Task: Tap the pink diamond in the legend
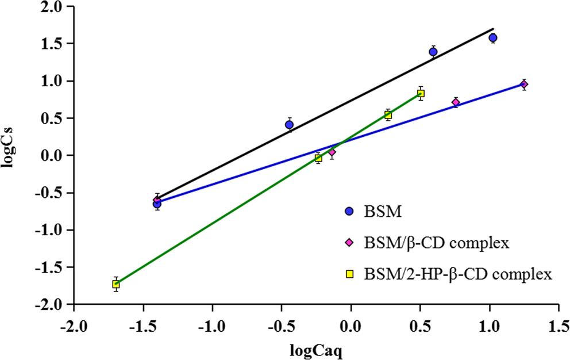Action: [349, 243]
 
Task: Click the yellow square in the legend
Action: [349, 274]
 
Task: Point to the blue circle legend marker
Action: [349, 212]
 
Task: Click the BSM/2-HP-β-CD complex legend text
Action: [457, 274]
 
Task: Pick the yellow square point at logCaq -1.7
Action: [116, 284]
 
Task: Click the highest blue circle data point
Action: [492, 38]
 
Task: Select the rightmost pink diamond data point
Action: [523, 85]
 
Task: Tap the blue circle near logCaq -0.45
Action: [289, 125]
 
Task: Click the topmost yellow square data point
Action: [421, 94]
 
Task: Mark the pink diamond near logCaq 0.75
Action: [456, 102]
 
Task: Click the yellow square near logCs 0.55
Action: [388, 115]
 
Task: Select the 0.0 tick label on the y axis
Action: [54, 155]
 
